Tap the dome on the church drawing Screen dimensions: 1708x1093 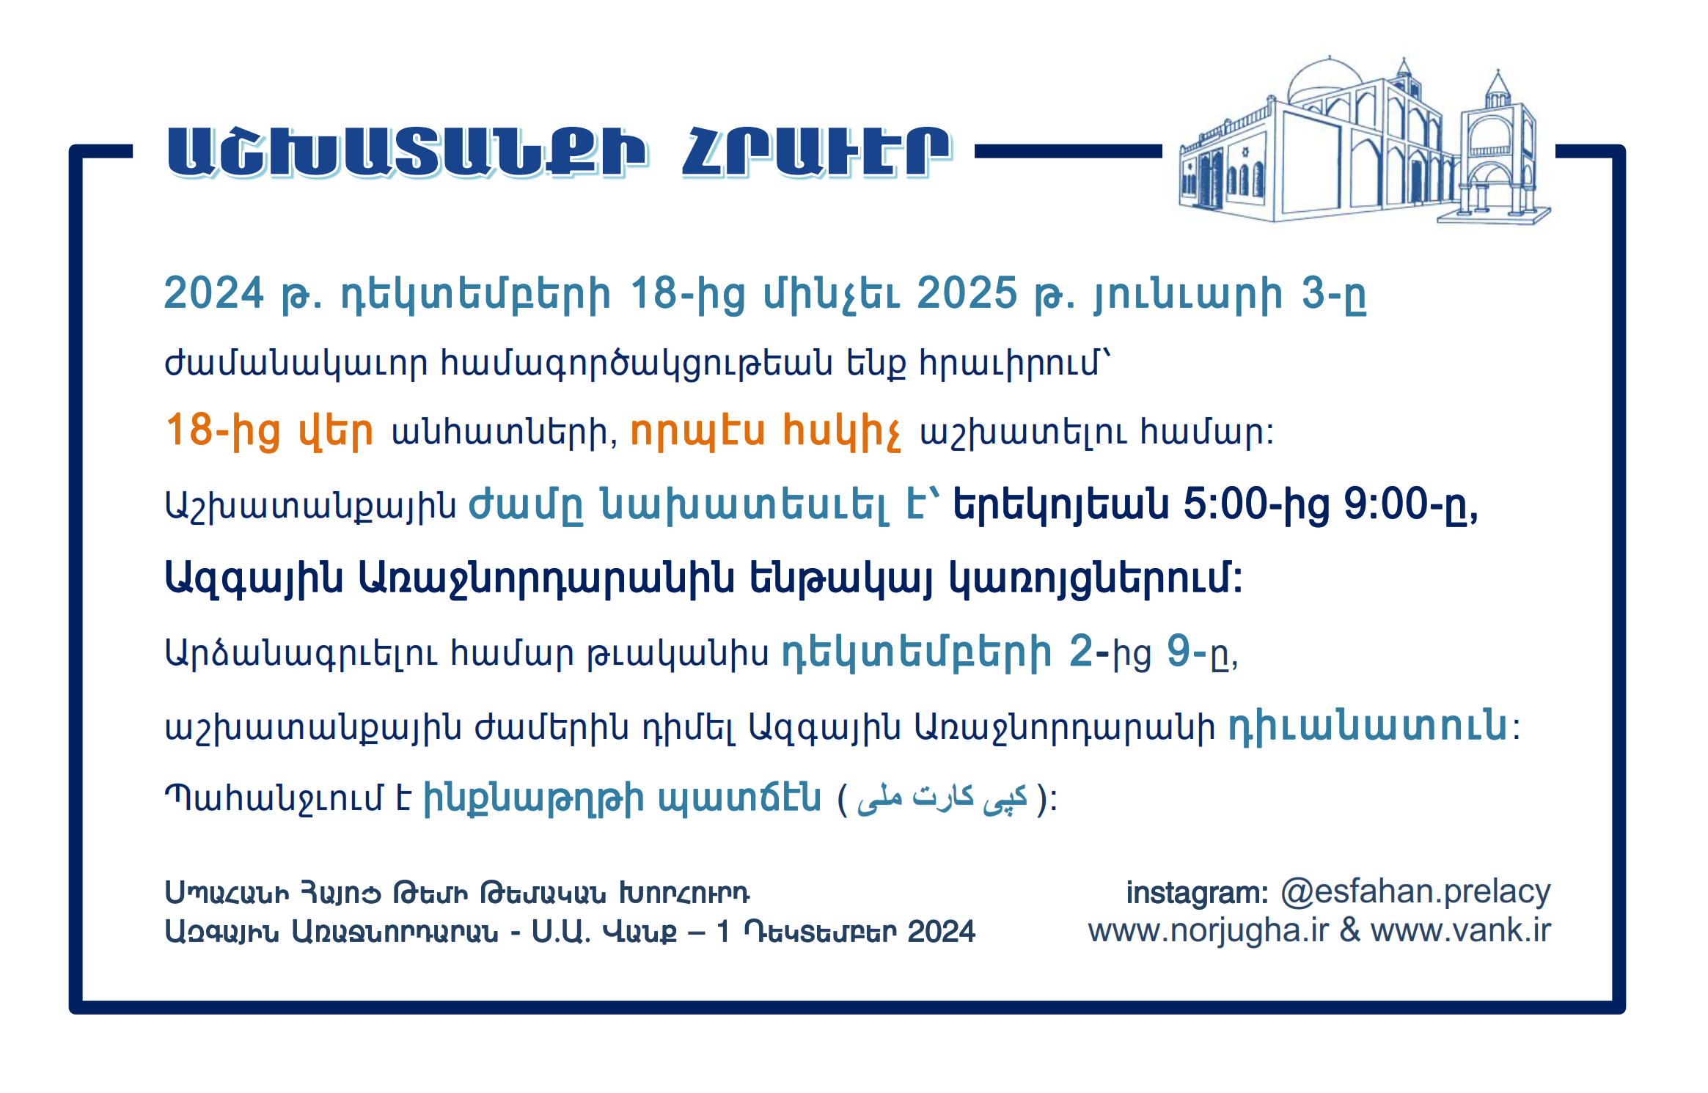click(1324, 81)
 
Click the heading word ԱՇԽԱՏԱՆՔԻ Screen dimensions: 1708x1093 click(408, 152)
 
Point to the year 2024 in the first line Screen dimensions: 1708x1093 click(213, 293)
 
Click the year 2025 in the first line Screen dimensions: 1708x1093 click(967, 293)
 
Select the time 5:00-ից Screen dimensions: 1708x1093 click(1256, 505)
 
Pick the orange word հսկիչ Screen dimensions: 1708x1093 click(842, 430)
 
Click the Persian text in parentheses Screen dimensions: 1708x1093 click(942, 798)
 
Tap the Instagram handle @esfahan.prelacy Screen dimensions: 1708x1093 click(1415, 892)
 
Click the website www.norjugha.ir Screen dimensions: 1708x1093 click(1209, 931)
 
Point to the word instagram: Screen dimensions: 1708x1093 click(1198, 893)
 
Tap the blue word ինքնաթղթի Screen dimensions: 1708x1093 click(534, 798)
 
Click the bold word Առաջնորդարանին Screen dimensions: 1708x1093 click(546, 578)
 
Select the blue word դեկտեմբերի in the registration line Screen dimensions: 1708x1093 click(917, 652)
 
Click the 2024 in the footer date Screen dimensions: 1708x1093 click(941, 932)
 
